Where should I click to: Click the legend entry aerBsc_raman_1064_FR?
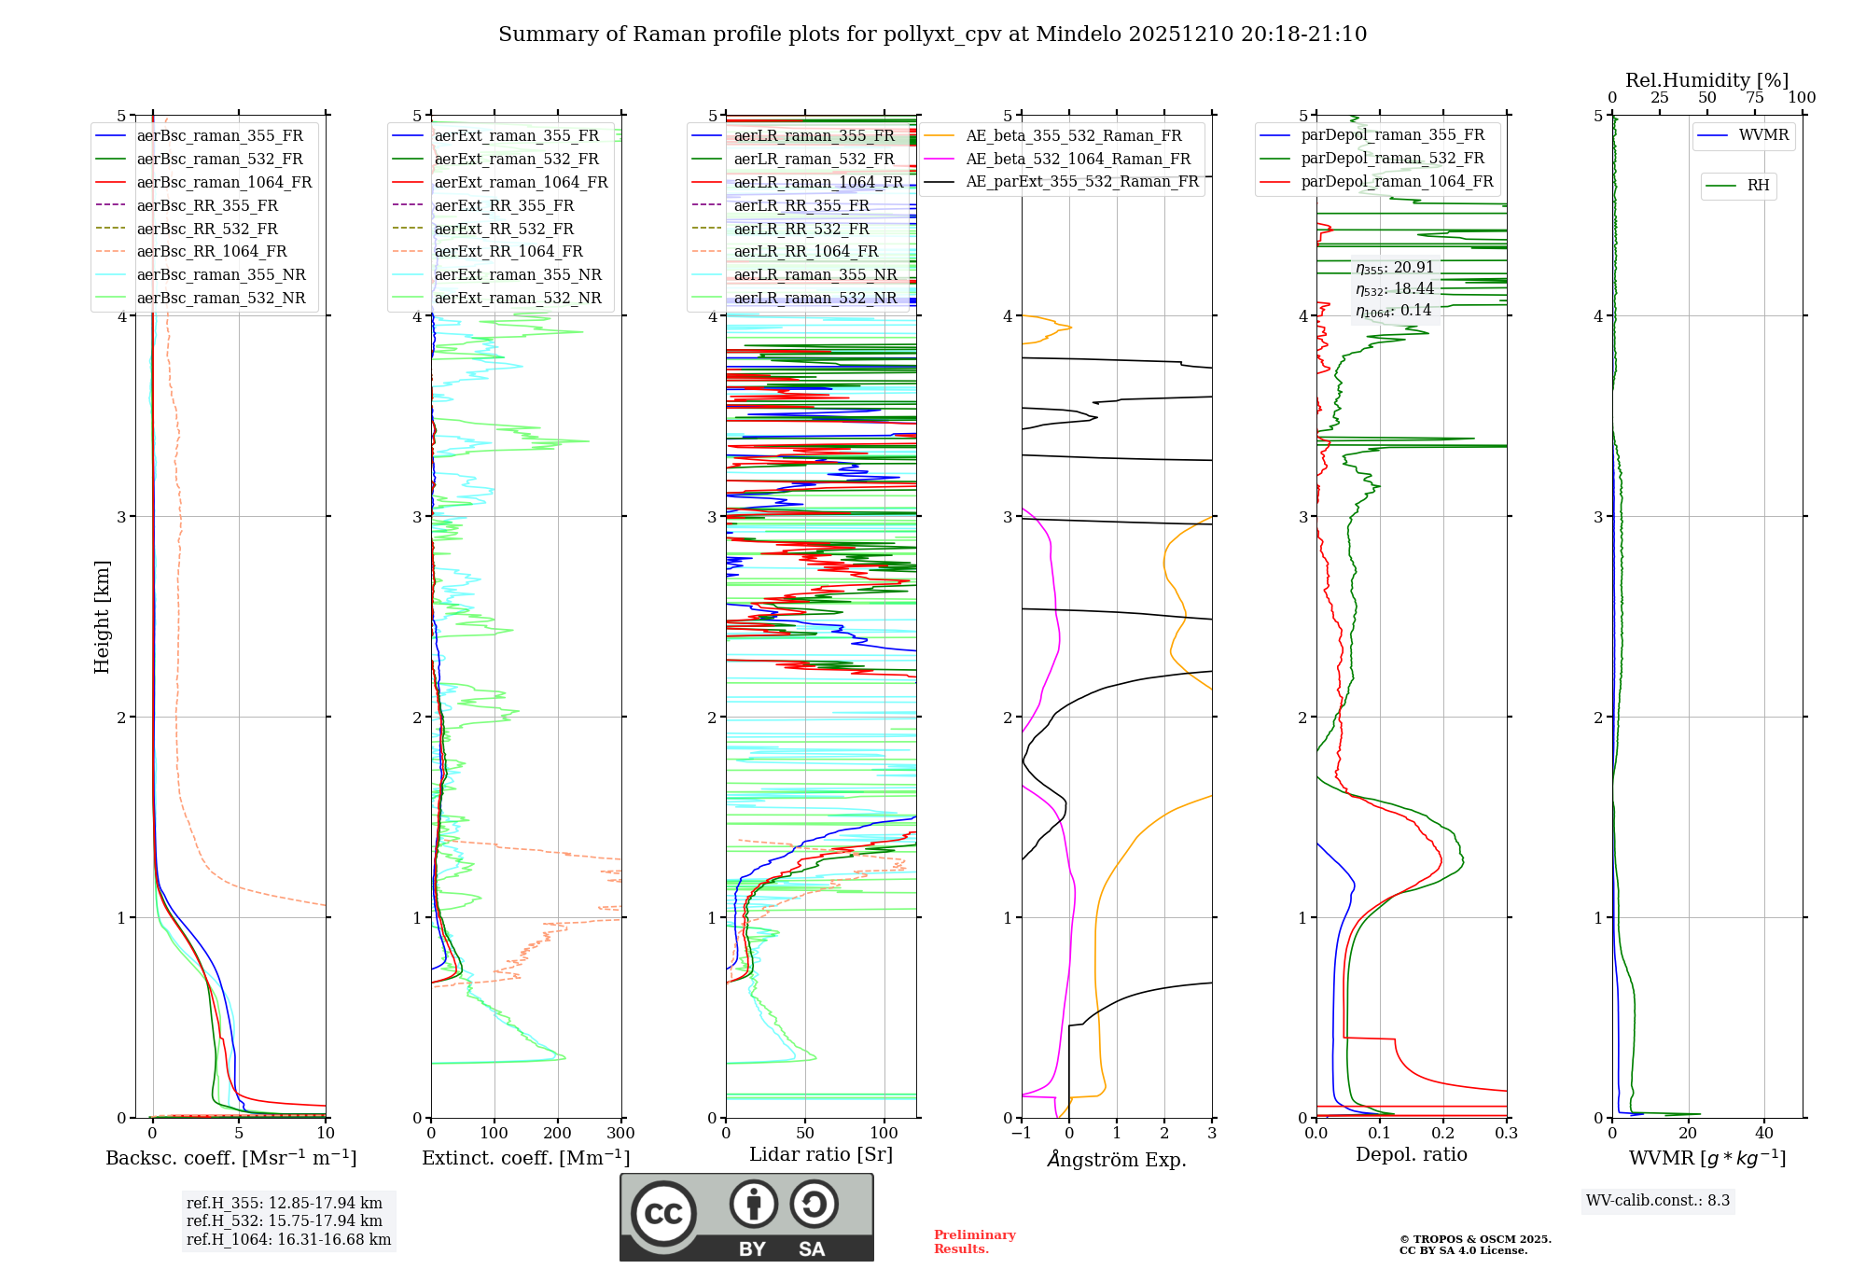tap(224, 182)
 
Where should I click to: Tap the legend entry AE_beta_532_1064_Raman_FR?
tap(1078, 159)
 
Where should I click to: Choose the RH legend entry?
tap(1758, 186)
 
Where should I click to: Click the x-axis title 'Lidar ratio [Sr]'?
tap(821, 1154)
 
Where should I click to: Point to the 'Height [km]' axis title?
tap(102, 616)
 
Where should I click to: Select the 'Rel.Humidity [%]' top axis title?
tap(1706, 80)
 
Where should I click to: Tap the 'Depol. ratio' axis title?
tap(1411, 1154)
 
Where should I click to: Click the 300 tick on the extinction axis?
tap(620, 1134)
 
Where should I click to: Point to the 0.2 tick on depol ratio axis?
tap(1442, 1134)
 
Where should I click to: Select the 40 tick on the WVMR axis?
tap(1763, 1134)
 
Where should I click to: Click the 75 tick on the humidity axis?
tap(1755, 98)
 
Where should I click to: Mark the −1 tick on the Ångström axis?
tap(1021, 1134)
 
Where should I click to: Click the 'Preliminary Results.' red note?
tap(974, 1242)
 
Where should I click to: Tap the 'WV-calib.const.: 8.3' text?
tap(1658, 1201)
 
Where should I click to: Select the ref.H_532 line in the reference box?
tap(285, 1221)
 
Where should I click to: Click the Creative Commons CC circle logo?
tap(663, 1213)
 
